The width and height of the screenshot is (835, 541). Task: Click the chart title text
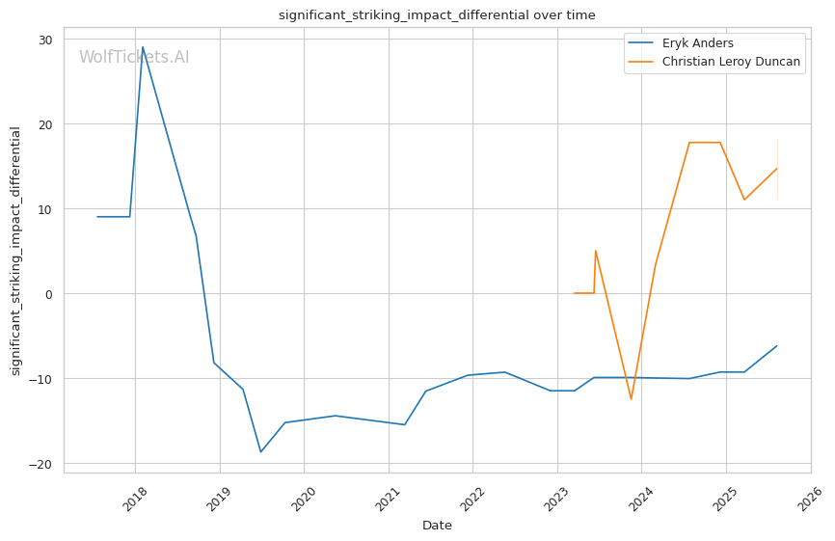pyautogui.click(x=437, y=15)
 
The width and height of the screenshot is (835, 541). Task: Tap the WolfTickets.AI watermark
pyautogui.click(x=134, y=57)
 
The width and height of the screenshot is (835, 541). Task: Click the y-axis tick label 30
pyautogui.click(x=45, y=40)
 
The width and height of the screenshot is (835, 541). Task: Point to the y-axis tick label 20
pyautogui.click(x=45, y=124)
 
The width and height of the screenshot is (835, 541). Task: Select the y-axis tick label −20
pyautogui.click(x=41, y=464)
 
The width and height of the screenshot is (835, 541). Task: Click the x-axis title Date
pyautogui.click(x=437, y=526)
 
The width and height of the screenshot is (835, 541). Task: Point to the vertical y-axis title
pyautogui.click(x=15, y=251)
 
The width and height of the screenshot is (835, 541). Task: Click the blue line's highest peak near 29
pyautogui.click(x=143, y=47)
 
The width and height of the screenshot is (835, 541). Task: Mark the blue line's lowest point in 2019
pyautogui.click(x=260, y=452)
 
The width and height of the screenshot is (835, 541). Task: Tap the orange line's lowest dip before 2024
pyautogui.click(x=632, y=399)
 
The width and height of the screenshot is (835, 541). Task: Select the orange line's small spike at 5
pyautogui.click(x=596, y=251)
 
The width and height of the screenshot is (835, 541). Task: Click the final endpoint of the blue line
pyautogui.click(x=777, y=346)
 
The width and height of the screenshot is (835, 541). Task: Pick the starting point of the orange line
pyautogui.click(x=574, y=293)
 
